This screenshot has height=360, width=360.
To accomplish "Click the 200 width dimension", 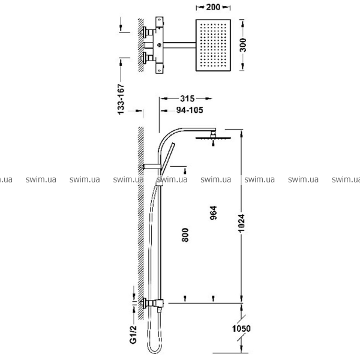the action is coord(213,7).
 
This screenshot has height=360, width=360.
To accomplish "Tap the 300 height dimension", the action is coord(242,45).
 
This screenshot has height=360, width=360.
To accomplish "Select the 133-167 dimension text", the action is coord(121,99).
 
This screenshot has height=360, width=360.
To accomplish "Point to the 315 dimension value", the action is coord(187,98).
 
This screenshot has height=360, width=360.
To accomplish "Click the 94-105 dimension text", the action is coord(190,110).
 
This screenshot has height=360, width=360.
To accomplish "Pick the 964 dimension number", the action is coord(213,213).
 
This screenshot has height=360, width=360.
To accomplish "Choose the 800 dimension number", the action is coord(185,235).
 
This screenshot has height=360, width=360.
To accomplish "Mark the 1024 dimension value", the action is coord(241,223).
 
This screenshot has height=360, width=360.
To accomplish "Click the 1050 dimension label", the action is coord(241,329).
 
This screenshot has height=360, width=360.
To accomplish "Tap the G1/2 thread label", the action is coord(133,335).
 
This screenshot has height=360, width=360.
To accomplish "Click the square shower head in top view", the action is coord(213,45).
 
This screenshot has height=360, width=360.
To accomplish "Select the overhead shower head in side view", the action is coord(213,136).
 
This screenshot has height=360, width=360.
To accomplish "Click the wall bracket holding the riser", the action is coord(152,166).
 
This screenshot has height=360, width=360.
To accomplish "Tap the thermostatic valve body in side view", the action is coord(153,304).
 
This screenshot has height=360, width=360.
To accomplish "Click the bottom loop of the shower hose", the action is coord(155,351).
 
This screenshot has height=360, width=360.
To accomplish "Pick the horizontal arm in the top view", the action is coord(179,45).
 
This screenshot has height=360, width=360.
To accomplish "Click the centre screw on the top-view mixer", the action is coord(159,45).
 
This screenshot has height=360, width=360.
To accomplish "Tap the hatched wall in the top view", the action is coord(141,45).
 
